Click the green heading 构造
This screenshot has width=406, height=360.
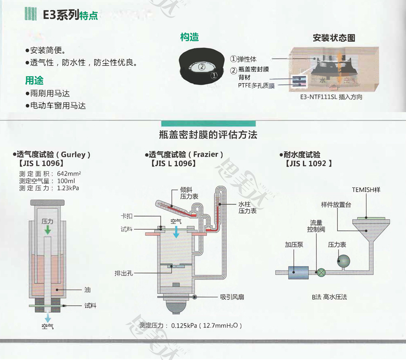pos(190,37)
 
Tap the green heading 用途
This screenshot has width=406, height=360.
pos(34,80)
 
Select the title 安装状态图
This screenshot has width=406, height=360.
pos(334,38)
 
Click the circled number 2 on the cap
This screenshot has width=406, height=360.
pos(201,67)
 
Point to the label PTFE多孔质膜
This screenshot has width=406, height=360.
pos(256,85)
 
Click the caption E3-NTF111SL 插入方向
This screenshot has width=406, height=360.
pos(331,97)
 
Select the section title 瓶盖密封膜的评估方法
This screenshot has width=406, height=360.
pos(208,135)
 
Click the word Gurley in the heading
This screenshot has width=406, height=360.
pos(73,155)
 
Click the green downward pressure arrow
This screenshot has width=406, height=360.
pos(48,230)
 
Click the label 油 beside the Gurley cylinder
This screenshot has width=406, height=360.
pos(87,290)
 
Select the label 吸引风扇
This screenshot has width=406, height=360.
pos(232,297)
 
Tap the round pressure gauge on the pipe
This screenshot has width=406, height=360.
pos(344,261)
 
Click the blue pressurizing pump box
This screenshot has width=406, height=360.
pos(298,273)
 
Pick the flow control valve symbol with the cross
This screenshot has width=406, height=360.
pos(321,273)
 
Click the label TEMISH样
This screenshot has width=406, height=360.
pos(366,189)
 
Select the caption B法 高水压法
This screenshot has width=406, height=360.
pos(330,297)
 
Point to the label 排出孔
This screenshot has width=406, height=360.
pos(124,273)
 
